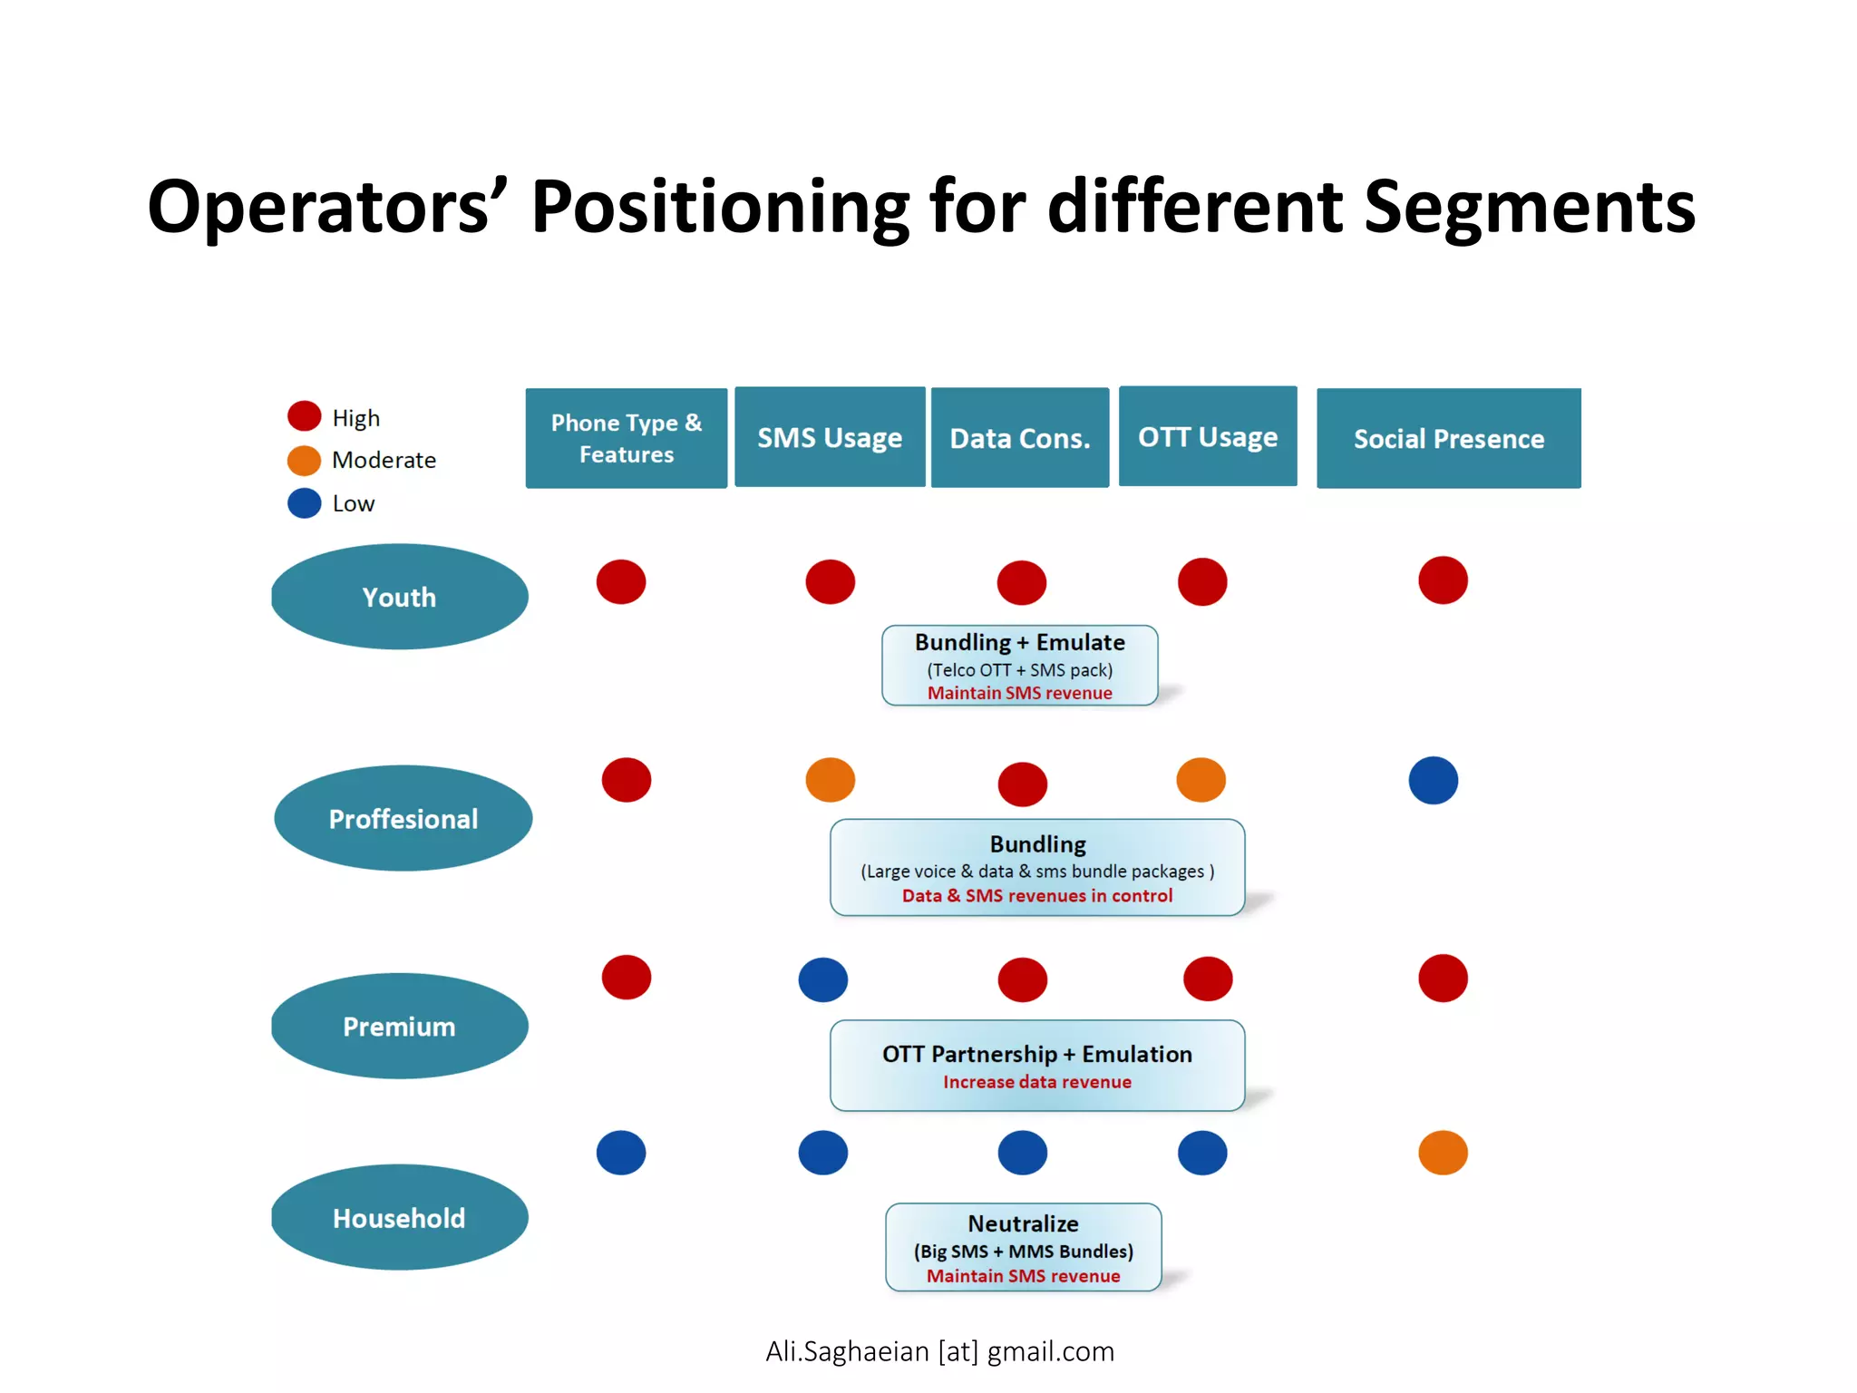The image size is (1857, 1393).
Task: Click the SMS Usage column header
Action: [x=830, y=438]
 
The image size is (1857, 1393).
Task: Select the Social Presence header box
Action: [x=1448, y=439]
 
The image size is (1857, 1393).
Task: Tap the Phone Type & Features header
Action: [x=627, y=439]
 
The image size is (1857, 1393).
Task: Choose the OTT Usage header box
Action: [x=1208, y=437]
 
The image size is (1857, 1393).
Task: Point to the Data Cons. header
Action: [x=1020, y=439]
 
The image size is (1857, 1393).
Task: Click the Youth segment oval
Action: [x=400, y=597]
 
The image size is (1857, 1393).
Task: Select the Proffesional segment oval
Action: [x=403, y=819]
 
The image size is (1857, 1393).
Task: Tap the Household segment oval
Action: [x=400, y=1218]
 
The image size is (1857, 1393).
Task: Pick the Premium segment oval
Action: [x=400, y=1027]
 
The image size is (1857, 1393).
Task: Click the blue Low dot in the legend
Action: [x=305, y=503]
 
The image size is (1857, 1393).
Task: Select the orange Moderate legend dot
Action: [x=305, y=461]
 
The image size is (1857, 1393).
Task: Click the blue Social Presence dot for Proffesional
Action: [x=1434, y=781]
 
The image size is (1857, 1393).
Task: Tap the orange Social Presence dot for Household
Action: [x=1443, y=1154]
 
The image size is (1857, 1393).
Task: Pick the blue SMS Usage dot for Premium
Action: [x=823, y=980]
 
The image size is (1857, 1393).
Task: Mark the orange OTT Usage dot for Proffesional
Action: [x=1201, y=780]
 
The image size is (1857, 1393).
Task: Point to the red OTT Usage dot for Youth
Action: [x=1202, y=582]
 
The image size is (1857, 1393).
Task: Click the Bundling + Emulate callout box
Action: [x=1020, y=666]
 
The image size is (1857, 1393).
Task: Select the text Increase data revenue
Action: [x=1037, y=1082]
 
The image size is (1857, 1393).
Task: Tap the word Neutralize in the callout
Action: [x=1023, y=1224]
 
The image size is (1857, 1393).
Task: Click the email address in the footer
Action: [x=939, y=1351]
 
